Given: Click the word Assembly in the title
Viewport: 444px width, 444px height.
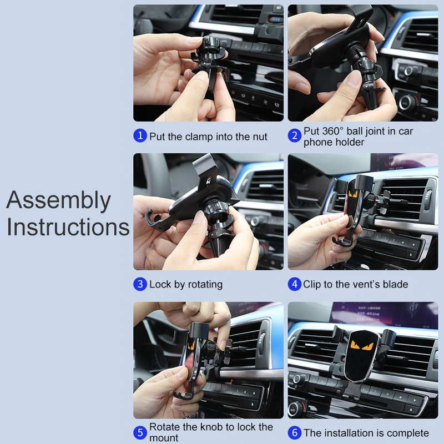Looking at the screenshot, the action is (58, 200).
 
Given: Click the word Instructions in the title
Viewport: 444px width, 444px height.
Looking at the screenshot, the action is (68, 227).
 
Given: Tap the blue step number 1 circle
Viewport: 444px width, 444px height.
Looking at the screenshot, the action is (140, 135).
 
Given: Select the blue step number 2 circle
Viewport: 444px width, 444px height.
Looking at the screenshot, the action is (295, 135).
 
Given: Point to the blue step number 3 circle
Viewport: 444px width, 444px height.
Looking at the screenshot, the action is (140, 284).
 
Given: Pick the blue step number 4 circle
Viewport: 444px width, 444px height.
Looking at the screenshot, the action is (295, 284).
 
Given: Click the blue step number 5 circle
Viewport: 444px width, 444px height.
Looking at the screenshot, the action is (140, 432).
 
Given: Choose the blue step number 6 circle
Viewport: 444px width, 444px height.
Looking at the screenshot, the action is (295, 432).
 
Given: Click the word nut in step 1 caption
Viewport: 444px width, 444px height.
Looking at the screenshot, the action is (259, 137).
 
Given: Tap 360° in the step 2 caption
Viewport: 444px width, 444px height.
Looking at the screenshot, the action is (332, 131).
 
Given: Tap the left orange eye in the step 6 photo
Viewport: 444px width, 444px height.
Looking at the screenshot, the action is (355, 345).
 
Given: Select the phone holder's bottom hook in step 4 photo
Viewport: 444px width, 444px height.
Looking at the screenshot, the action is (342, 241).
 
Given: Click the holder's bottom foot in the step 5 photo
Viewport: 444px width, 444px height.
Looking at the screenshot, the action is (184, 395).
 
